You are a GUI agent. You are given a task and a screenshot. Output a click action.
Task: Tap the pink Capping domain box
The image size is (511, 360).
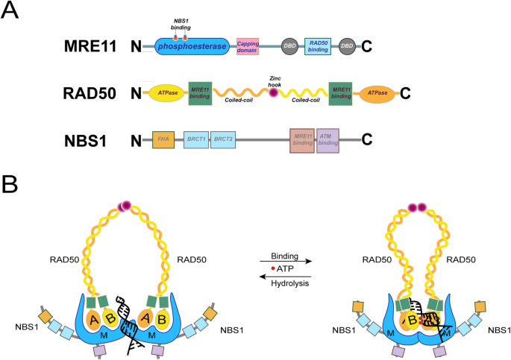pyautogui.click(x=248, y=47)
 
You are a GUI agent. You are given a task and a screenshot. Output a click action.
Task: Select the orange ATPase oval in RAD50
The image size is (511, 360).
pyautogui.click(x=377, y=93)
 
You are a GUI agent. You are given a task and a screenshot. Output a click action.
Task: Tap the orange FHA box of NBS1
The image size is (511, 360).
pyautogui.click(x=163, y=139)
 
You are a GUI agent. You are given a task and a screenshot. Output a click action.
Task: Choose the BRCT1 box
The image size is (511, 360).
pyautogui.click(x=195, y=139)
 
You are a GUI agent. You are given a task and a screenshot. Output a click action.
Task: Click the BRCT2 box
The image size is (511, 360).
pyautogui.click(x=222, y=139)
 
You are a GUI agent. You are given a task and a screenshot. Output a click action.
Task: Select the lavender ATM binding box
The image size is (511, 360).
pyautogui.click(x=327, y=139)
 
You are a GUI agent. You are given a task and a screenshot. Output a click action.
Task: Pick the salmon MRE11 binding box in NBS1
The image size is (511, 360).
pyautogui.click(x=302, y=139)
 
